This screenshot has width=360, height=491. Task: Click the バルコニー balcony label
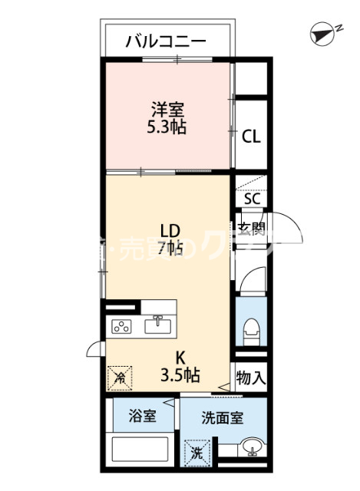(x=166, y=41)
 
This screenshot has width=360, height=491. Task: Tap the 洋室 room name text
(x=167, y=109)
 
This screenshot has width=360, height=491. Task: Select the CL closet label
(x=251, y=137)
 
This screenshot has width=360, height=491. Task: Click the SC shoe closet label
(x=252, y=199)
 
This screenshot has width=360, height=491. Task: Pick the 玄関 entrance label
(x=251, y=228)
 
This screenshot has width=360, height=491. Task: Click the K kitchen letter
(x=180, y=357)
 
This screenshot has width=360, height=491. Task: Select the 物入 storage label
(x=251, y=377)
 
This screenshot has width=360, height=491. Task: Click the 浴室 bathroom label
(x=142, y=417)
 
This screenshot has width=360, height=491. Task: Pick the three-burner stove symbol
(x=123, y=326)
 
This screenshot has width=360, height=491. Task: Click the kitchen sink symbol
(x=159, y=325)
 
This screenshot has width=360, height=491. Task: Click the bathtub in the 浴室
(x=143, y=448)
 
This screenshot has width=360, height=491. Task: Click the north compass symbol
(x=325, y=33)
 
